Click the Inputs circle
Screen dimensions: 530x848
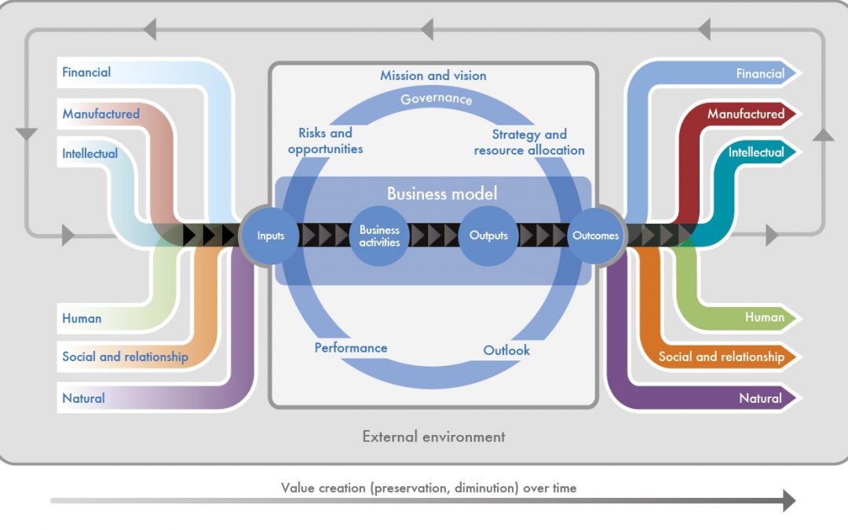[271, 236]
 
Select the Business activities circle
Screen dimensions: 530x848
[380, 236]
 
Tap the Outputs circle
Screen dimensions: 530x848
[488, 236]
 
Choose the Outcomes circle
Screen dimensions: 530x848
[595, 236]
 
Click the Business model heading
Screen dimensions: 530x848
[442, 194]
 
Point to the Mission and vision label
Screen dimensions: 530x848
[433, 75]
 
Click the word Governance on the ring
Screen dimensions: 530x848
[437, 99]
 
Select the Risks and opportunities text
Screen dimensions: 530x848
[325, 141]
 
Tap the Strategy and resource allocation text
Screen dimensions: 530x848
[529, 142]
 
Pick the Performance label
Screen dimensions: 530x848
[351, 348]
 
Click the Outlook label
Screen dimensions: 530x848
[506, 350]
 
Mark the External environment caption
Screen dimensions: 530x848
[433, 437]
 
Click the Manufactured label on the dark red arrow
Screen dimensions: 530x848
[745, 114]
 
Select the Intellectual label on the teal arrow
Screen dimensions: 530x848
[756, 152]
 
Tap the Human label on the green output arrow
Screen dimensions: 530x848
[765, 317]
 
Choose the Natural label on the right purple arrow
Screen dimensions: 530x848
[760, 398]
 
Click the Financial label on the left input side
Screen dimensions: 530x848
[86, 72]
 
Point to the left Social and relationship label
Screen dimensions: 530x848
[125, 356]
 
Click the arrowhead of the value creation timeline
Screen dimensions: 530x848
[788, 501]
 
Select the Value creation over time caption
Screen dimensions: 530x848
[429, 488]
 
